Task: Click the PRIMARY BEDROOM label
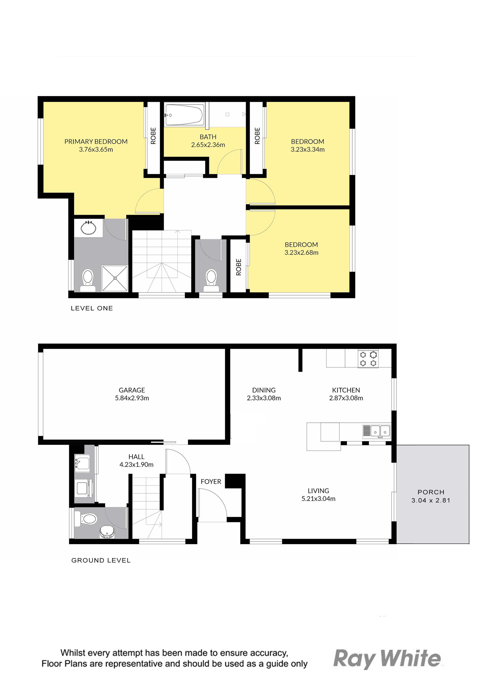click(x=96, y=142)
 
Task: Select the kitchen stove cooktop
click(x=368, y=359)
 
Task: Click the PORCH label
click(x=431, y=492)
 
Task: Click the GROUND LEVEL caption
click(x=101, y=560)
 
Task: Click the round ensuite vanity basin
click(x=88, y=228)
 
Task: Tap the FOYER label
click(x=211, y=482)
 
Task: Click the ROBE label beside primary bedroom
click(x=153, y=136)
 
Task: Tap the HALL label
click(x=136, y=457)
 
